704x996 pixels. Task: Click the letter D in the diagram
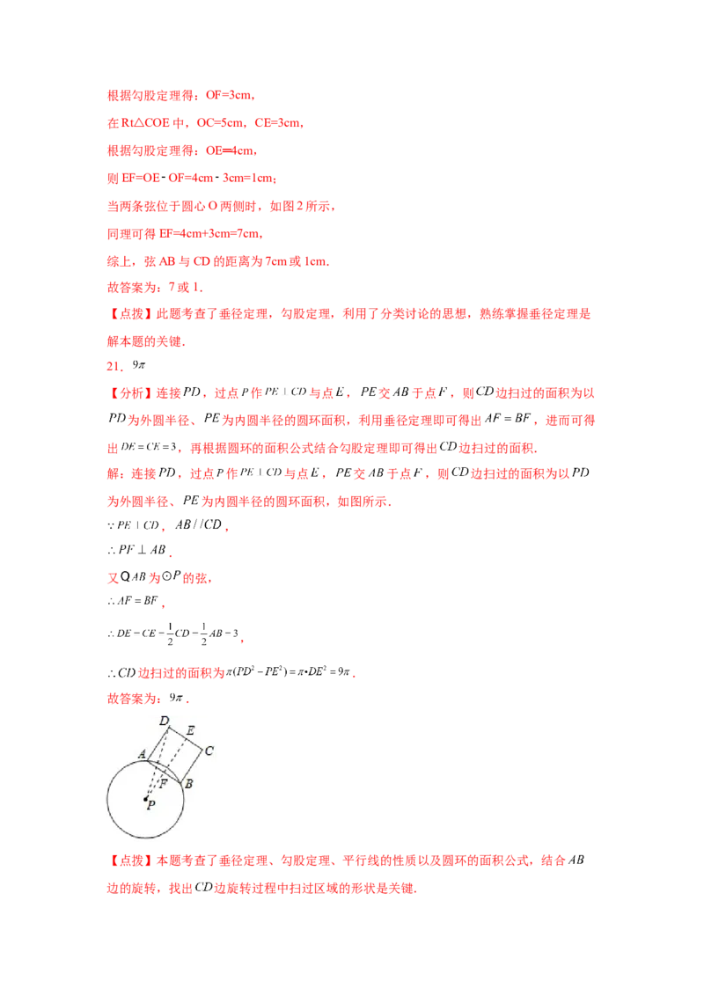point(164,721)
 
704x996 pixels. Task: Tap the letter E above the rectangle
point(190,730)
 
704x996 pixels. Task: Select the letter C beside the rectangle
point(209,751)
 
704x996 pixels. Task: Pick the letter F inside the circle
point(164,782)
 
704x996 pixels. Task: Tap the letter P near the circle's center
point(150,805)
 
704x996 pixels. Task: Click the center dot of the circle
point(146,799)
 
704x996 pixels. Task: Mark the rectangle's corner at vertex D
point(168,727)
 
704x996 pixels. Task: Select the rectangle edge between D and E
point(177,732)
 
